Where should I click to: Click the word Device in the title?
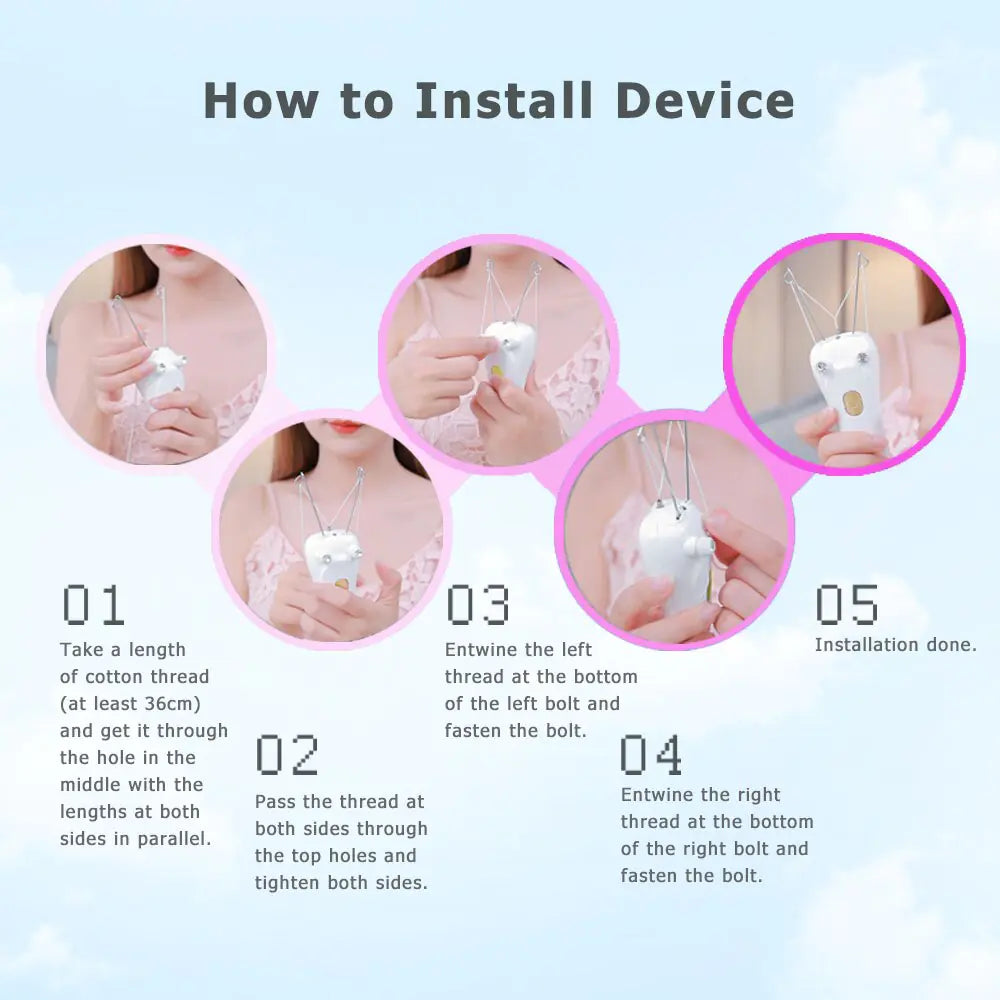[x=705, y=101]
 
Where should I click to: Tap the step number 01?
[x=93, y=605]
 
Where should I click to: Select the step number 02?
[x=287, y=755]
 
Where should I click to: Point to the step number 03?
[x=477, y=605]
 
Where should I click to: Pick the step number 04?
[x=651, y=755]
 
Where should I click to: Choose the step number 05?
[x=846, y=605]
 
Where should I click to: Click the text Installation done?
[x=895, y=645]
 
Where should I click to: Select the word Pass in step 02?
[x=275, y=802]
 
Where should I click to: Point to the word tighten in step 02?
[x=290, y=883]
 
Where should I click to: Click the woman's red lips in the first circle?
[x=177, y=250]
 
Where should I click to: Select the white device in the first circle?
[x=160, y=372]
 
